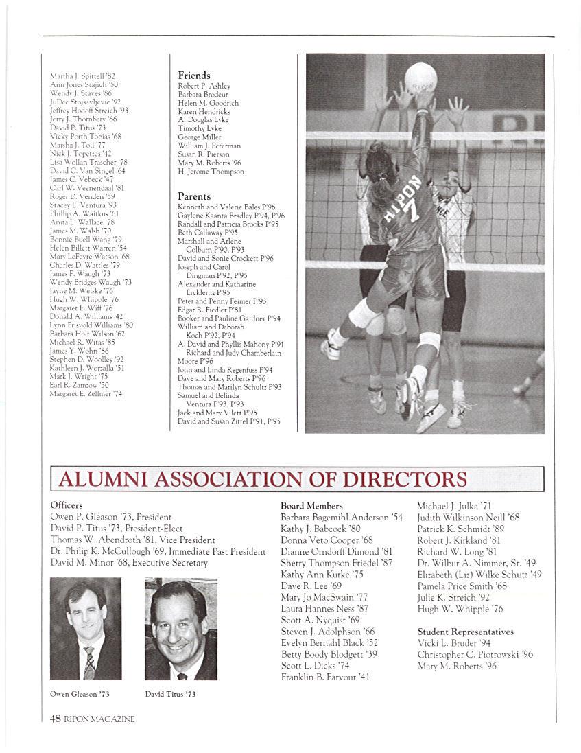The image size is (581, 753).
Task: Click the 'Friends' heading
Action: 194,76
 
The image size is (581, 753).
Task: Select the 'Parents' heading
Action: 194,196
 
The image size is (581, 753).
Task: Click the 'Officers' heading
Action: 67,505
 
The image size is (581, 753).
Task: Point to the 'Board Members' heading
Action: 311,505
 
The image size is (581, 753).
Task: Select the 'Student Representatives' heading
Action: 466,632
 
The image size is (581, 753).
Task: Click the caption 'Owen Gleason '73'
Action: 80,694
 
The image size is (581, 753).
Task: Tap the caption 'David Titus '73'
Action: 171,694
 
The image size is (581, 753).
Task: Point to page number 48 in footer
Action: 56,719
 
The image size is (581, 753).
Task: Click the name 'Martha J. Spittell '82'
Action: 83,76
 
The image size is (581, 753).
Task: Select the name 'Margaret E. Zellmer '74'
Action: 86,394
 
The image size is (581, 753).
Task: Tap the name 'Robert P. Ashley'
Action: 204,86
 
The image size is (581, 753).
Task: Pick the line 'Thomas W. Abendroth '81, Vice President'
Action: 133,540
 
